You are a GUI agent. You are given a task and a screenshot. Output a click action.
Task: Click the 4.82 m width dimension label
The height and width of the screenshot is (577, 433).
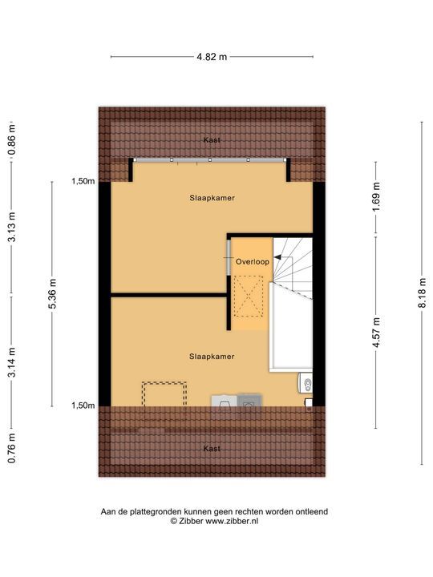click(x=212, y=57)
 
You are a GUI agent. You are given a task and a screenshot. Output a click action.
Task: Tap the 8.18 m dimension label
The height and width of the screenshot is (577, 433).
click(x=421, y=293)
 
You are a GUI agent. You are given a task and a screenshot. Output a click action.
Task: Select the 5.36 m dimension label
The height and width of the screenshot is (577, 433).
click(x=53, y=293)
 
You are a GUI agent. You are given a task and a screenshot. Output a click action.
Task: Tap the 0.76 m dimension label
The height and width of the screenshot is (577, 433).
click(x=13, y=449)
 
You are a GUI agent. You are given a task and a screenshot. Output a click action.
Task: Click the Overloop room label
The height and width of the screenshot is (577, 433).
click(x=253, y=262)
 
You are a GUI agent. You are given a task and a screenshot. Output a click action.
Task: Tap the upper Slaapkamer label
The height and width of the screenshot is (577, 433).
click(x=212, y=196)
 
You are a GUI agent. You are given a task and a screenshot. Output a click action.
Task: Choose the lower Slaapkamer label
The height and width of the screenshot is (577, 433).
click(x=212, y=355)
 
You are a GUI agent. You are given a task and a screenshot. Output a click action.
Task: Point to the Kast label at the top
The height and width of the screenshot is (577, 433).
click(x=212, y=139)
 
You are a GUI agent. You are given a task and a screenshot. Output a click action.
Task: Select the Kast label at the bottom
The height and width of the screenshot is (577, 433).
click(x=212, y=448)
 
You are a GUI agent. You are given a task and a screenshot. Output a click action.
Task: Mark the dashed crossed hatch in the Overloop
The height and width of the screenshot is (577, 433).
click(x=249, y=297)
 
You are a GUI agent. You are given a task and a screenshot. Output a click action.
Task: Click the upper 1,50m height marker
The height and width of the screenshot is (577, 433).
click(x=83, y=181)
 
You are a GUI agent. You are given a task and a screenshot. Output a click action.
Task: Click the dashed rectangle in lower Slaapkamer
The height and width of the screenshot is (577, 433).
click(x=164, y=394)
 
